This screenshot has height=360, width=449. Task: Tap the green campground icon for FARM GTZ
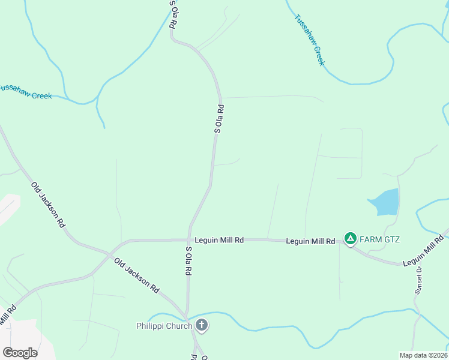[x=351, y=239]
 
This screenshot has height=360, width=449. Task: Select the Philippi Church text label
[x=163, y=326]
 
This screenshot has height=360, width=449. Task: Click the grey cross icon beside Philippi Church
[x=202, y=326]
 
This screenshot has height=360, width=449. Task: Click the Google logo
[x=20, y=352]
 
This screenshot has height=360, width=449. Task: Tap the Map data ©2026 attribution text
[x=423, y=355]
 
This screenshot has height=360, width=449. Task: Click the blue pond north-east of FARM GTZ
[x=384, y=202]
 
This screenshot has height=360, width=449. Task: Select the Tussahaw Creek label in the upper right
[x=310, y=39]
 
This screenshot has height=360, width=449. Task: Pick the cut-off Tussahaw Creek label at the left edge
[x=26, y=91]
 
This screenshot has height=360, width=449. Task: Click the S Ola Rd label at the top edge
[x=173, y=14]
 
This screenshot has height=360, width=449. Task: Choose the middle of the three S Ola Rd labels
[x=219, y=119]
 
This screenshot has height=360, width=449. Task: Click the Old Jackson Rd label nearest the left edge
[x=48, y=204]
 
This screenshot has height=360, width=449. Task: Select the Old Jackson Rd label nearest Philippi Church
[x=136, y=275]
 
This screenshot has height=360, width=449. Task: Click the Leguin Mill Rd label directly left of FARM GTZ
[x=310, y=241]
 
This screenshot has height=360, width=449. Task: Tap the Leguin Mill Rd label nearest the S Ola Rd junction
[x=219, y=240]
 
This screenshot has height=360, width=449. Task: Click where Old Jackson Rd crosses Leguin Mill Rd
[x=110, y=254]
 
